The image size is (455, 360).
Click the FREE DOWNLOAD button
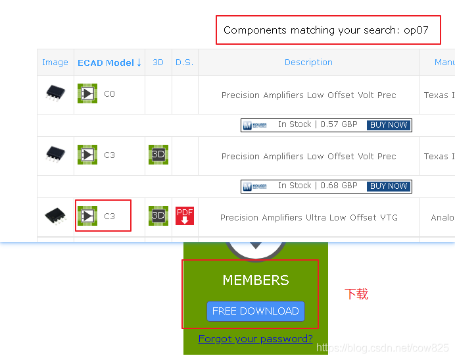(x=255, y=311)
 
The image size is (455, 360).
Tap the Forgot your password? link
(x=255, y=339)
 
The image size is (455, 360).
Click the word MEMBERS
(x=255, y=280)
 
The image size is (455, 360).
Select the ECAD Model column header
(x=109, y=63)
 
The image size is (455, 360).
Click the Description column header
(x=308, y=63)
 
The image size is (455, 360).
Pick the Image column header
(x=55, y=63)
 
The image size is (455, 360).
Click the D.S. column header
(x=184, y=63)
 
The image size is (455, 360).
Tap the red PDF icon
(x=185, y=216)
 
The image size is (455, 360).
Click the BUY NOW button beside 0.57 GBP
(x=389, y=125)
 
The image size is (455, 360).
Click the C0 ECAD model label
(x=109, y=94)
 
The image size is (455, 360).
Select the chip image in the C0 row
(x=55, y=93)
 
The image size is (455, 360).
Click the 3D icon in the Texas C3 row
(x=158, y=155)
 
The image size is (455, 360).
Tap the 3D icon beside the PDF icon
(x=158, y=216)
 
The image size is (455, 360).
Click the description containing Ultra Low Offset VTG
(x=308, y=218)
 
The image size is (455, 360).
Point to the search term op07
(x=416, y=30)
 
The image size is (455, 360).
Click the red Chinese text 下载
(x=356, y=294)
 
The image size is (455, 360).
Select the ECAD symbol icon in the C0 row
(x=87, y=93)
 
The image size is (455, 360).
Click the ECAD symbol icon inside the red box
(x=87, y=216)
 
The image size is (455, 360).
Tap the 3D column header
(x=158, y=63)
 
